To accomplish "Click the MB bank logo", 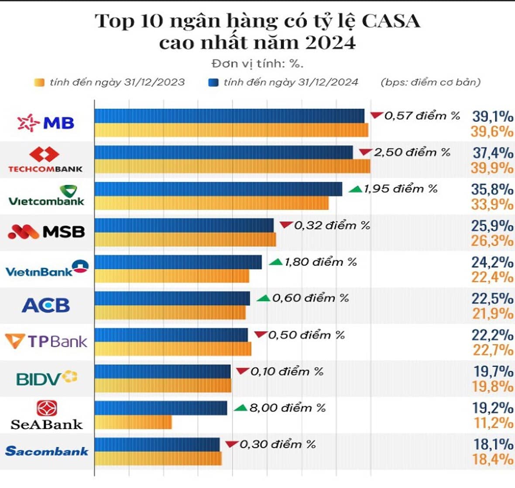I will (46, 123).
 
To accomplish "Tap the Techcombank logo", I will (45, 160).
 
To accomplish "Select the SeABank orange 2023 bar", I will (133, 422).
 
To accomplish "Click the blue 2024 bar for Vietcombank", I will (218, 189).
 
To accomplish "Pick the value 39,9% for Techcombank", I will (492, 168).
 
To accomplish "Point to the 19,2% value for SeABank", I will (493, 408).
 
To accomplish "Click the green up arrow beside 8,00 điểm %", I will (240, 408).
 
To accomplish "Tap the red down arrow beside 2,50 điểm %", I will (365, 152).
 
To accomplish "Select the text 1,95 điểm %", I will (400, 189).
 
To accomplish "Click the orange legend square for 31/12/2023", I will (39, 82).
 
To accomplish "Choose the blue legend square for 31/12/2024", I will (213, 82).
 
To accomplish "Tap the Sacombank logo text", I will (47, 451).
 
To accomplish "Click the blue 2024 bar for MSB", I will (184, 225).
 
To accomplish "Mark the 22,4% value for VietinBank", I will (492, 277).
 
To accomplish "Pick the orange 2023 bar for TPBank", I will (173, 349).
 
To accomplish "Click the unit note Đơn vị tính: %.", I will (257, 64).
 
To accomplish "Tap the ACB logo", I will (46, 305).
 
